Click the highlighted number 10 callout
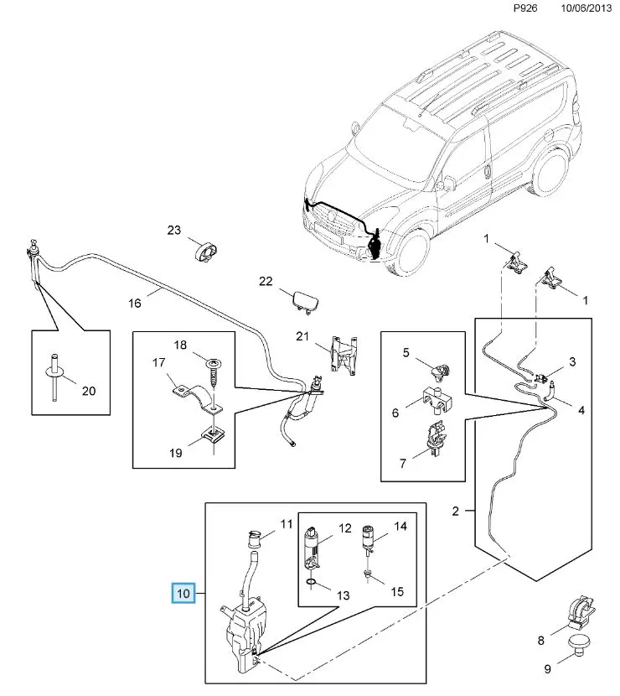click(183, 593)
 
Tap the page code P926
click(525, 8)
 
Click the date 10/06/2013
click(586, 8)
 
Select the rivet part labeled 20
click(55, 377)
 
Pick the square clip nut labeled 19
click(214, 435)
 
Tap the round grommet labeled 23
click(206, 253)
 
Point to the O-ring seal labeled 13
click(312, 582)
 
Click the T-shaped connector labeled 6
click(437, 400)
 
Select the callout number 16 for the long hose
click(135, 304)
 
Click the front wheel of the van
click(413, 252)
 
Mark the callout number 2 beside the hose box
click(455, 511)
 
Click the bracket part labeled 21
click(344, 354)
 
